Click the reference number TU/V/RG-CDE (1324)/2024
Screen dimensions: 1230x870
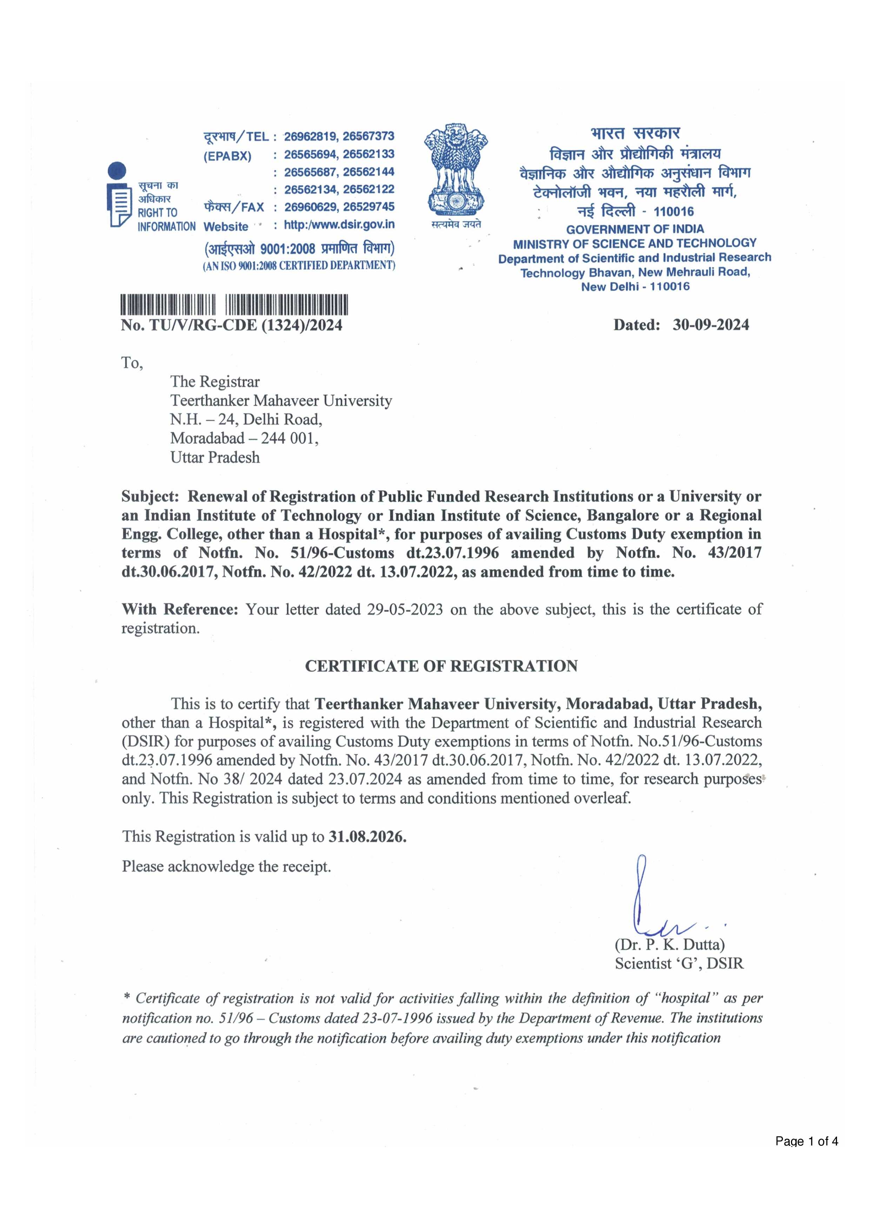pyautogui.click(x=246, y=326)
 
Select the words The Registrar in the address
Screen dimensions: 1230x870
pyautogui.click(x=214, y=382)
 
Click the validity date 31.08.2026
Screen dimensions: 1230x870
pyautogui.click(x=367, y=837)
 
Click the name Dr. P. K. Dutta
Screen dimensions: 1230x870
pyautogui.click(x=670, y=945)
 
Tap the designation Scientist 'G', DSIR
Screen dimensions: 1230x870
pyautogui.click(x=679, y=964)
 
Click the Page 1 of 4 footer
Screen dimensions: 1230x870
pyautogui.click(x=806, y=1156)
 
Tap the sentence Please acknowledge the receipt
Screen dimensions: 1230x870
pyautogui.click(x=226, y=867)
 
